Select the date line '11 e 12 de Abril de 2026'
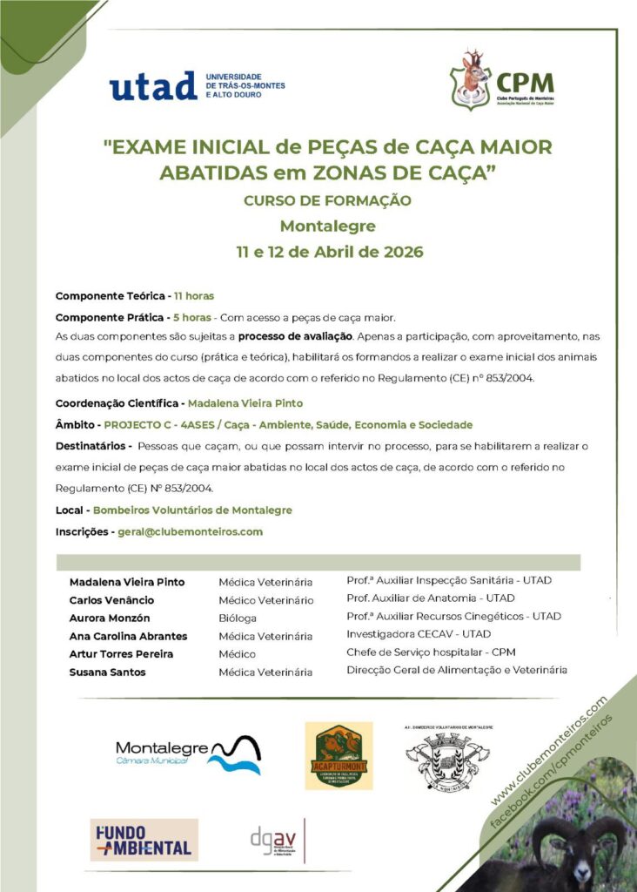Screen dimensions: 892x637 click(x=329, y=253)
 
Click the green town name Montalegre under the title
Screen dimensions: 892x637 click(x=328, y=226)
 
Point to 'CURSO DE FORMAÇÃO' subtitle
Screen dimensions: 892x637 click(x=327, y=200)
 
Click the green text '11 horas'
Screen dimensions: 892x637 click(x=193, y=296)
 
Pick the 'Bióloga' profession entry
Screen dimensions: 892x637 click(x=238, y=618)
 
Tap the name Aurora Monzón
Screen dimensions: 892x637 click(x=109, y=618)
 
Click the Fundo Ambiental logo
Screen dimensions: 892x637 click(x=144, y=840)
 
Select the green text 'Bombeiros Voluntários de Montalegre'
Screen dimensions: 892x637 click(x=192, y=510)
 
